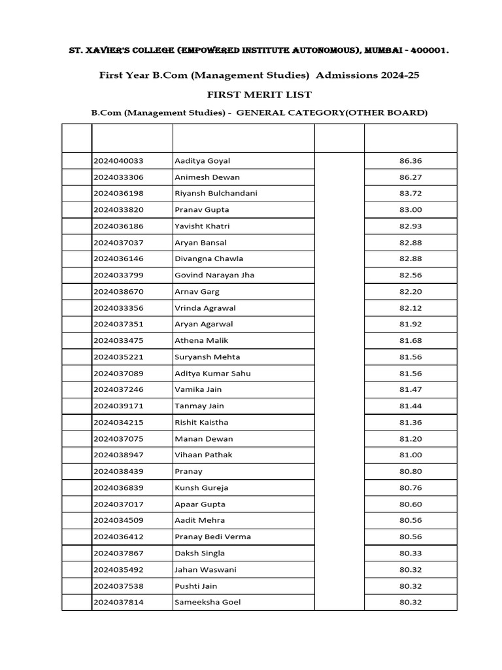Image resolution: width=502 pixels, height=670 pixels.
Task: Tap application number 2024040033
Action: [118, 161]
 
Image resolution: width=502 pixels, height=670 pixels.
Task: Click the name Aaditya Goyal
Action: [202, 161]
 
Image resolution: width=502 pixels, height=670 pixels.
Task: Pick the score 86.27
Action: [410, 177]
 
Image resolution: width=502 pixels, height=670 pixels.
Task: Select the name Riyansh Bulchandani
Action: [216, 194]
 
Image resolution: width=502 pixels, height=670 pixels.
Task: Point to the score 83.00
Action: [410, 210]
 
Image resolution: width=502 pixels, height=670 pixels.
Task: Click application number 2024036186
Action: [118, 226]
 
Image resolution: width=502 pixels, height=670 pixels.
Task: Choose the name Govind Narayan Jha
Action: [214, 275]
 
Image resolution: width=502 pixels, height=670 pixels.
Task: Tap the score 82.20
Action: [410, 292]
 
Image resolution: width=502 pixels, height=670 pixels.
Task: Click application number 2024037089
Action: [118, 374]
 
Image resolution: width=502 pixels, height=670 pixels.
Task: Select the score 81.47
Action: [410, 390]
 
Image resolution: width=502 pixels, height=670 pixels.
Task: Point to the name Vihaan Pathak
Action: [203, 455]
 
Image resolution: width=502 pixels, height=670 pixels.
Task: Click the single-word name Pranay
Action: [188, 471]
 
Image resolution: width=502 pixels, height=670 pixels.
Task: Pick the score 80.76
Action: [410, 487]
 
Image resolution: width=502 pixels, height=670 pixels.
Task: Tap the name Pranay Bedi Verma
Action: [212, 537]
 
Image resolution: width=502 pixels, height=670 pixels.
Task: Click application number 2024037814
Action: [118, 602]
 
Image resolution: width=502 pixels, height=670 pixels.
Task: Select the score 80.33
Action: [410, 553]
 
